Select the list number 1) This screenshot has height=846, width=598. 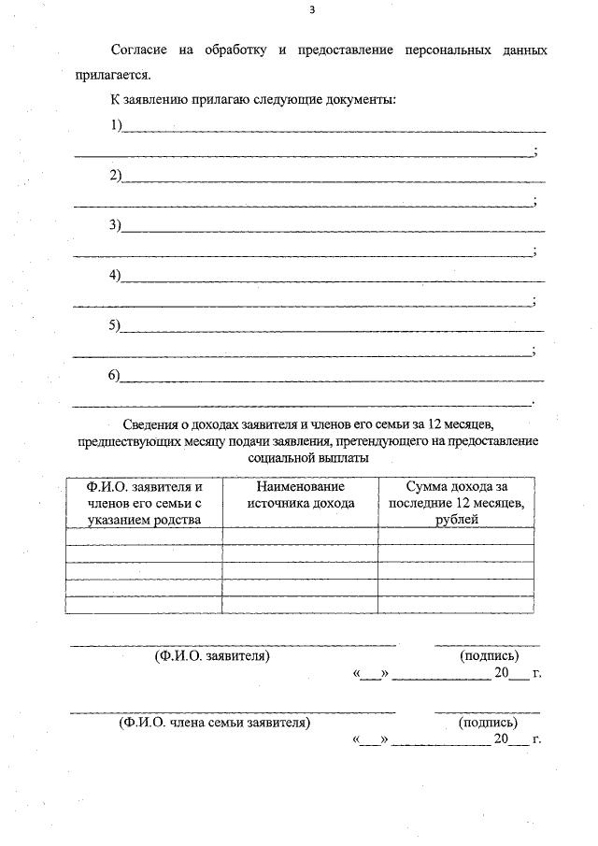tap(117, 125)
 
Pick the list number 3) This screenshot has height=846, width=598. tap(117, 224)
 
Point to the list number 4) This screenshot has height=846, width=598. tap(117, 275)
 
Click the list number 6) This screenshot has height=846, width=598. tap(117, 375)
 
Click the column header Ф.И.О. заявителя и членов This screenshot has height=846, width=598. tap(144, 503)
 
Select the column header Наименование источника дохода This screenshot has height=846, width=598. tap(300, 495)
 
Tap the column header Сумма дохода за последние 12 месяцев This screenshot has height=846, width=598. tap(456, 503)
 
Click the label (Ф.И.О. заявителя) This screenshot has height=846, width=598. tap(212, 656)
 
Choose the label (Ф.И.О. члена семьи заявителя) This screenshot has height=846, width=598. tap(212, 722)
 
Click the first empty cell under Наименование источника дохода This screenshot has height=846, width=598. tap(300, 536)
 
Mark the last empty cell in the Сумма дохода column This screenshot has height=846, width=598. tap(456, 605)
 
